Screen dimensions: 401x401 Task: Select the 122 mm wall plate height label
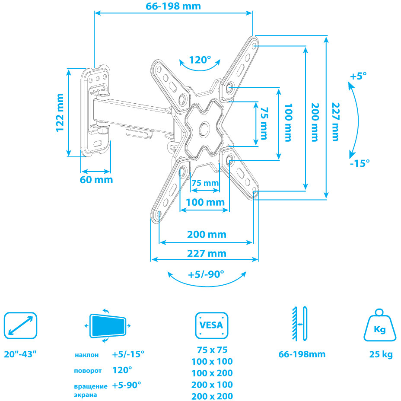(x=59, y=112)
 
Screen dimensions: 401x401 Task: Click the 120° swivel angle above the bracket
(x=200, y=60)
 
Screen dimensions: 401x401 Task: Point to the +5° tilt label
(x=358, y=76)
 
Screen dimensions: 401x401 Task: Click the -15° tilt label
(x=360, y=163)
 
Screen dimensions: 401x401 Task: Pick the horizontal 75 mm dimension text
(x=205, y=183)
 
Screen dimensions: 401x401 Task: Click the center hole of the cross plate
(x=204, y=128)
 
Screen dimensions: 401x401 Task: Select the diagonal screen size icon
(x=20, y=326)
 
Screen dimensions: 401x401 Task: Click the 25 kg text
(x=381, y=355)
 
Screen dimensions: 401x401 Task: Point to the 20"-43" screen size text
(x=20, y=354)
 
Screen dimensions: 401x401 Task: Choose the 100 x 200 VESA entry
(x=212, y=373)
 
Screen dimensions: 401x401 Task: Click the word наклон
(x=86, y=355)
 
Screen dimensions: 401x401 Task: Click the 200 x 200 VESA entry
(x=212, y=396)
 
